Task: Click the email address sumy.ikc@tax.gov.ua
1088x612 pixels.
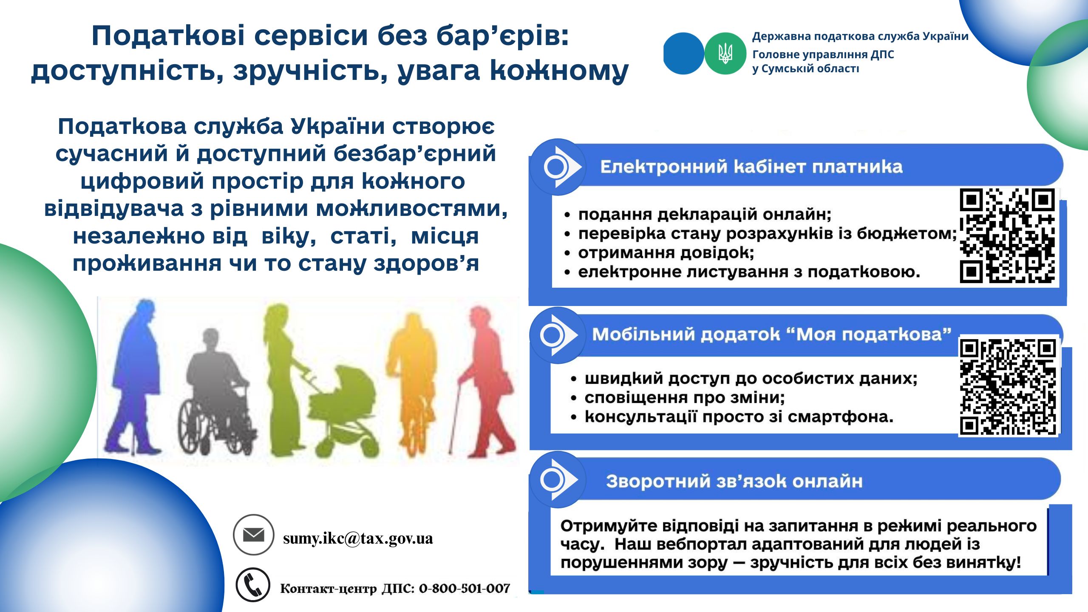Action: (358, 538)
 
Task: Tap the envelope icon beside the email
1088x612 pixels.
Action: (254, 535)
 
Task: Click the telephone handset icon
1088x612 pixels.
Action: (253, 585)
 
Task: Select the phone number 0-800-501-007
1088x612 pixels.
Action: (464, 589)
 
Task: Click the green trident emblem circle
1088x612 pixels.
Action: (725, 54)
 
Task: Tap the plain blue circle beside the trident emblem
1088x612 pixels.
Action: (683, 54)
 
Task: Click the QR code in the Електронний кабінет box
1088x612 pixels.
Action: (1007, 235)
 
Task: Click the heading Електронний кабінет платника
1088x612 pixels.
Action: (751, 167)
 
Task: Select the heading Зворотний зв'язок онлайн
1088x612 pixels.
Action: (734, 481)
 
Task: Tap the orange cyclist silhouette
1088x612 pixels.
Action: (411, 382)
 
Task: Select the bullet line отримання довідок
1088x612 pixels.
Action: (666, 252)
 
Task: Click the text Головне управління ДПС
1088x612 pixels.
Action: (823, 54)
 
